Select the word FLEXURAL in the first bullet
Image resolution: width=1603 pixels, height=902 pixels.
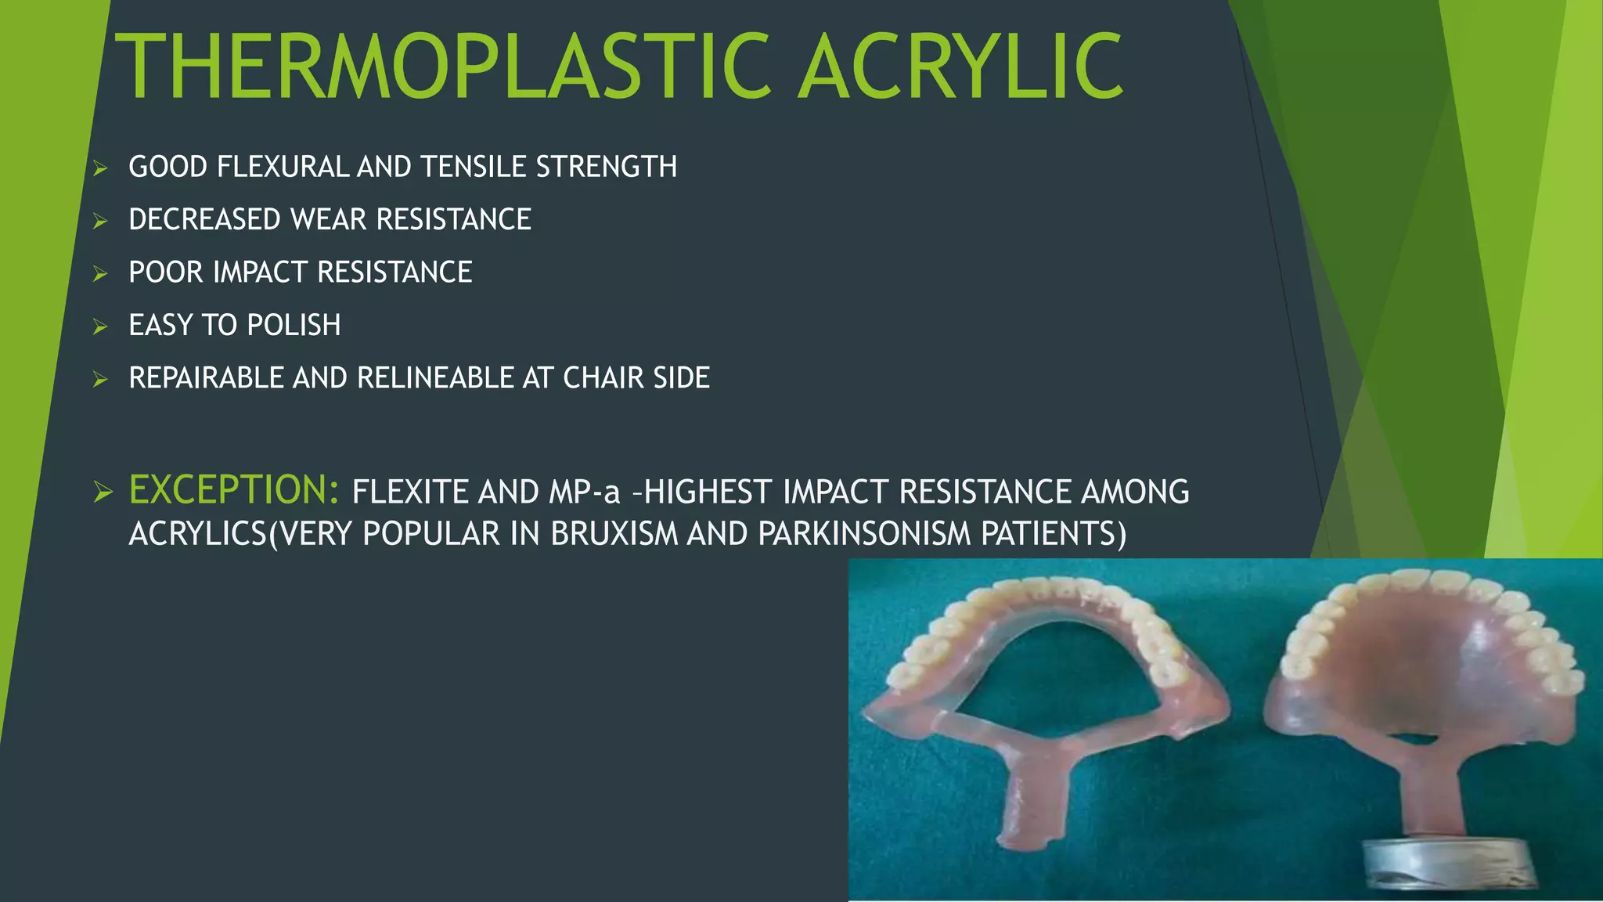coord(282,167)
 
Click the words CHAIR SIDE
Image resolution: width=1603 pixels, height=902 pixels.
coord(636,378)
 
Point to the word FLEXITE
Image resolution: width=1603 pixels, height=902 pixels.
coord(410,492)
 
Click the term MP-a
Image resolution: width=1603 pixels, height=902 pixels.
coord(585,492)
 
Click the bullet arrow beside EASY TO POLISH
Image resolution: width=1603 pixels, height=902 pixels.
coord(99,327)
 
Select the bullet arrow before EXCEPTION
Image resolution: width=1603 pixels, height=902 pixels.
coord(103,492)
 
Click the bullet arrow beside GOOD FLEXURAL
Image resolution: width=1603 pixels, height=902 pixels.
coord(99,168)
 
